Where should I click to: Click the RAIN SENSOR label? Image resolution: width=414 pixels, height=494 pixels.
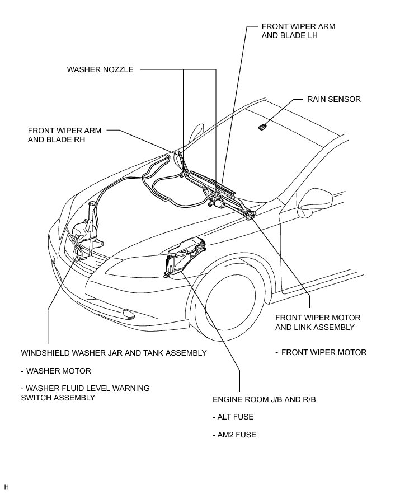(333, 99)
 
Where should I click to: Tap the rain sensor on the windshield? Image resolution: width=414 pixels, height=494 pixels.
(262, 127)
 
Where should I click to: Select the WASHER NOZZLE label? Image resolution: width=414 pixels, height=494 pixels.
(100, 70)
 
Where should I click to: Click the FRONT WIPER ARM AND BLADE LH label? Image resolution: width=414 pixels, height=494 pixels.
(298, 31)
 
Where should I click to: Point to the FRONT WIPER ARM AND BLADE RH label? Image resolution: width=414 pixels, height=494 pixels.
(64, 135)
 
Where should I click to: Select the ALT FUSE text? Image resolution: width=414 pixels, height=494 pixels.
(233, 417)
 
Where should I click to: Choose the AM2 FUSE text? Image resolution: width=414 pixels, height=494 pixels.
(234, 435)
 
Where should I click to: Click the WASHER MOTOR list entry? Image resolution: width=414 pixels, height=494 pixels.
(55, 371)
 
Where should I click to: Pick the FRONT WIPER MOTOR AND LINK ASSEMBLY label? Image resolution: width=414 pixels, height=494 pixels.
(318, 322)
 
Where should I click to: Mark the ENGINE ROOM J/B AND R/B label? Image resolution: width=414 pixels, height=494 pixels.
(260, 399)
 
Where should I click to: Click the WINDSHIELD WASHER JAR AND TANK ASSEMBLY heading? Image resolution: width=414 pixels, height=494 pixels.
(114, 353)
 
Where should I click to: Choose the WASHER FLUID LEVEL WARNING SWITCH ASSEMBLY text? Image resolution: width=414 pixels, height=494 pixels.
(85, 393)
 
